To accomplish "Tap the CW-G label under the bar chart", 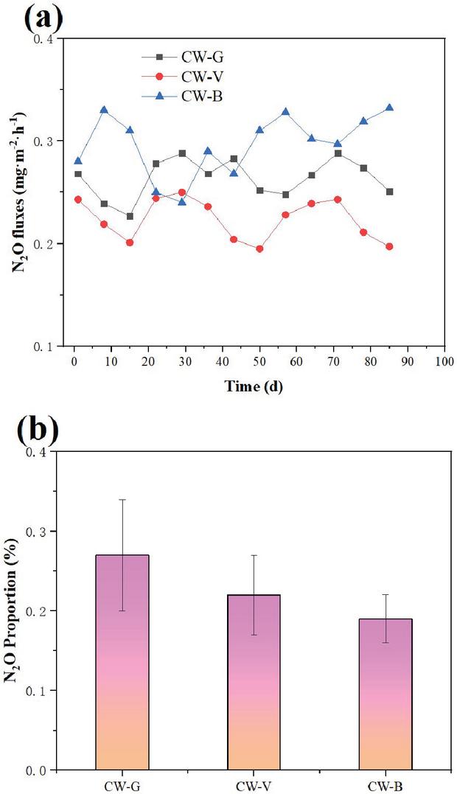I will pyautogui.click(x=122, y=784).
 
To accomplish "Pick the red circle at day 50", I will pyautogui.click(x=259, y=248).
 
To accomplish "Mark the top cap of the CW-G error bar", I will pyautogui.click(x=122, y=500).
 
